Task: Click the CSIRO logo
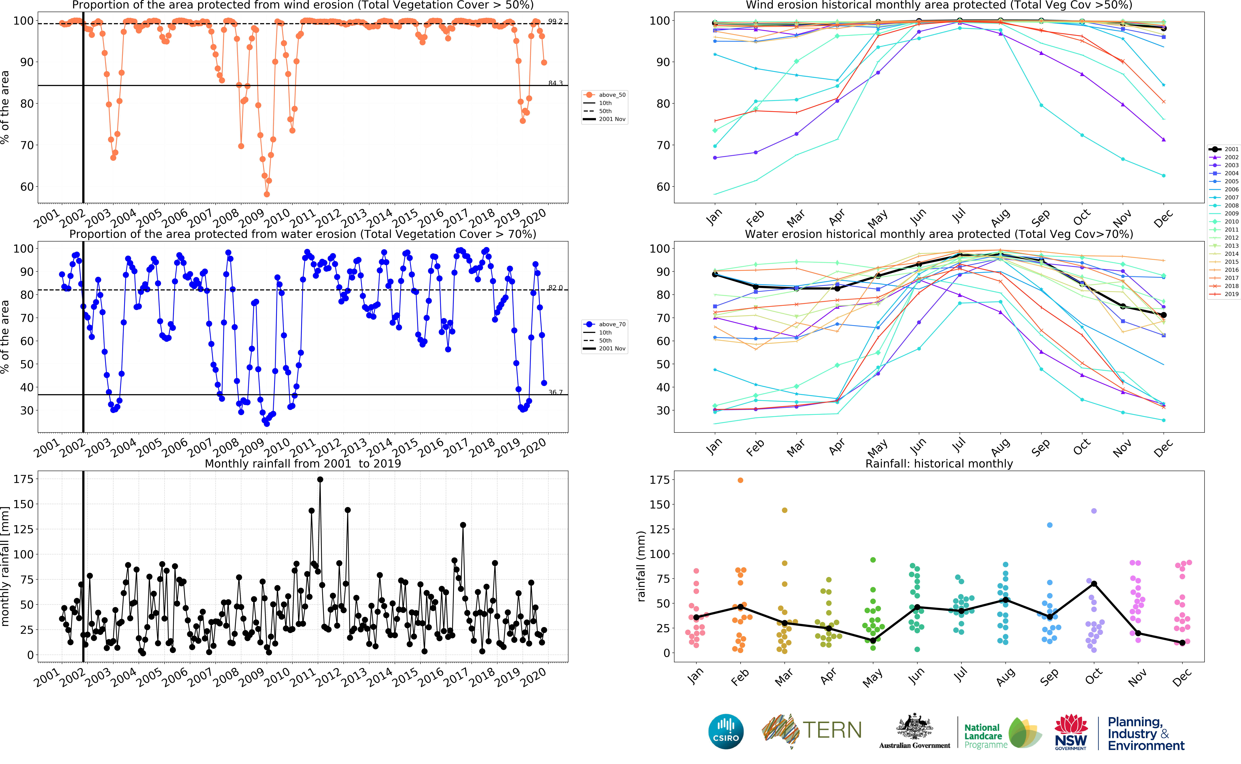click(x=726, y=731)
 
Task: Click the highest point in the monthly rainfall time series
click(x=320, y=480)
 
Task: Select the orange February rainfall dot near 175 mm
click(x=741, y=480)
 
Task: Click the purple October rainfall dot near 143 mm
click(x=1094, y=511)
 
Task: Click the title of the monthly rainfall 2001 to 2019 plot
click(x=303, y=463)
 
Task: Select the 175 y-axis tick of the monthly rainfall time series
click(x=23, y=479)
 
